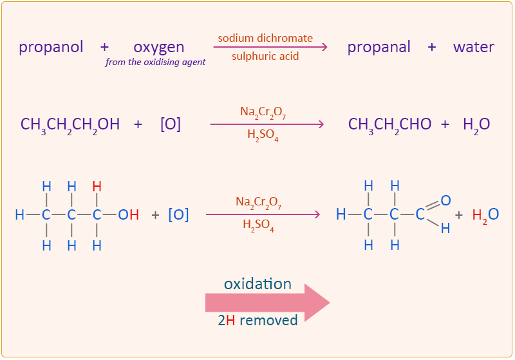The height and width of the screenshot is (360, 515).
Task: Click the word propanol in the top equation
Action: [51, 47]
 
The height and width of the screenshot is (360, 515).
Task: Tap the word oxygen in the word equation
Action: [159, 47]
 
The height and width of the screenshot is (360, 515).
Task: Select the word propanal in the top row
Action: [379, 47]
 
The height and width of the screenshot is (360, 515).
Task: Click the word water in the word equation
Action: [473, 47]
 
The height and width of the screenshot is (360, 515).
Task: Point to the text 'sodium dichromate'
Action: [265, 38]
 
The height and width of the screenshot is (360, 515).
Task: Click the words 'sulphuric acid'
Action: [265, 56]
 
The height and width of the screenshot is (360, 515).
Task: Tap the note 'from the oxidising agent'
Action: [156, 62]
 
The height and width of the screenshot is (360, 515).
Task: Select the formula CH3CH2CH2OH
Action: [70, 124]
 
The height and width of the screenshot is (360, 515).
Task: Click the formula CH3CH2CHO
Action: [389, 124]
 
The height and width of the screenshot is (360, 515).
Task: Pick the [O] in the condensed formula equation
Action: [171, 124]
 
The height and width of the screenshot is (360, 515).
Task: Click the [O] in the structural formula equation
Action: [178, 215]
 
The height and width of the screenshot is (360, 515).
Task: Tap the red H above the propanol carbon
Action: [97, 186]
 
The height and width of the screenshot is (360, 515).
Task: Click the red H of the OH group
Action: [134, 215]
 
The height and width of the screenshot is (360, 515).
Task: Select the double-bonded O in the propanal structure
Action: [445, 200]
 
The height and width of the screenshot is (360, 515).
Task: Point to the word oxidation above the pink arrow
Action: [257, 284]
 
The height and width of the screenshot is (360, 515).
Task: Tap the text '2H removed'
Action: [257, 320]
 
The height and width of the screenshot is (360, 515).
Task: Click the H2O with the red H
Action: [485, 215]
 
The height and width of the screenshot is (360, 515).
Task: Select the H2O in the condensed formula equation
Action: [476, 124]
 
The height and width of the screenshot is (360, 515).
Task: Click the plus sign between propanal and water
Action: [431, 47]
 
